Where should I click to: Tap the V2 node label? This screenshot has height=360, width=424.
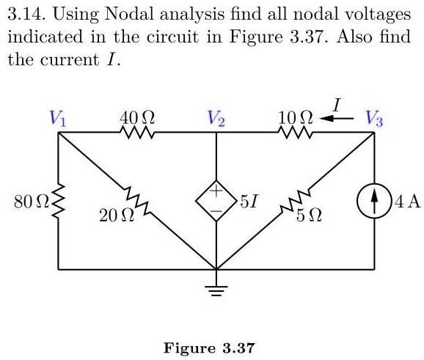[x=216, y=118]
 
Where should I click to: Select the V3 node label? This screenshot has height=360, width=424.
[x=374, y=118]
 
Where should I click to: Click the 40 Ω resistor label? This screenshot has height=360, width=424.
[x=136, y=117]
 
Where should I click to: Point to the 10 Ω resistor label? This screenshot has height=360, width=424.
[x=296, y=117]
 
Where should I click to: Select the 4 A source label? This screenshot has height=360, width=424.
[x=409, y=202]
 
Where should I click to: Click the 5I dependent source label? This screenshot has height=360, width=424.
[x=249, y=202]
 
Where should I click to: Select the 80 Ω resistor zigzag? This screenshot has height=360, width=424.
[x=59, y=202]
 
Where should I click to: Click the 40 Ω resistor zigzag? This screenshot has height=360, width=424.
[x=136, y=133]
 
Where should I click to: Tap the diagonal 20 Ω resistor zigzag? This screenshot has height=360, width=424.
[x=137, y=202]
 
